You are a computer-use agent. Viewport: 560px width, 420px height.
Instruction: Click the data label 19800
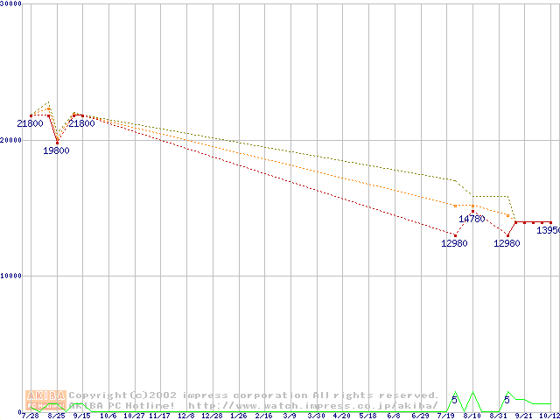coord(56,150)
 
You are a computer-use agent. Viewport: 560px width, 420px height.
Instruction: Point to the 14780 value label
coord(472,219)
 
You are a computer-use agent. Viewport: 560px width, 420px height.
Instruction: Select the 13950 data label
coord(549,230)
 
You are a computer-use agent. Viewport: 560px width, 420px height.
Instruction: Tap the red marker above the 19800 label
coord(57,142)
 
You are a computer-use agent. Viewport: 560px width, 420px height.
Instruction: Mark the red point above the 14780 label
coord(472,210)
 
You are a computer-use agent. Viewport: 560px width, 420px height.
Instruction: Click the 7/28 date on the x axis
coord(31,416)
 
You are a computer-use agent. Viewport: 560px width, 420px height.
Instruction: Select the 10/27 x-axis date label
coord(134,416)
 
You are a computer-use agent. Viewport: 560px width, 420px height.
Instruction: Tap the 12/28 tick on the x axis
coord(212,416)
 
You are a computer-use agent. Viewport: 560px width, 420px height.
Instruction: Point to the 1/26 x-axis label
coord(238,416)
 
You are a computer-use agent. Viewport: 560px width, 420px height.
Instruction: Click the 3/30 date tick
coord(316,416)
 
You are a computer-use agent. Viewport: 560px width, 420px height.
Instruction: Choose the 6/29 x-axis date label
coord(420,416)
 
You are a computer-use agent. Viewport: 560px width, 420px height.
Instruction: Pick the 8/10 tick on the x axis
coord(472,416)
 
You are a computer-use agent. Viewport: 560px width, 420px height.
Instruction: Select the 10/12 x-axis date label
coord(549,416)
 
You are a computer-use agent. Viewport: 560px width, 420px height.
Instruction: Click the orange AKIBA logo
coord(45,395)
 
